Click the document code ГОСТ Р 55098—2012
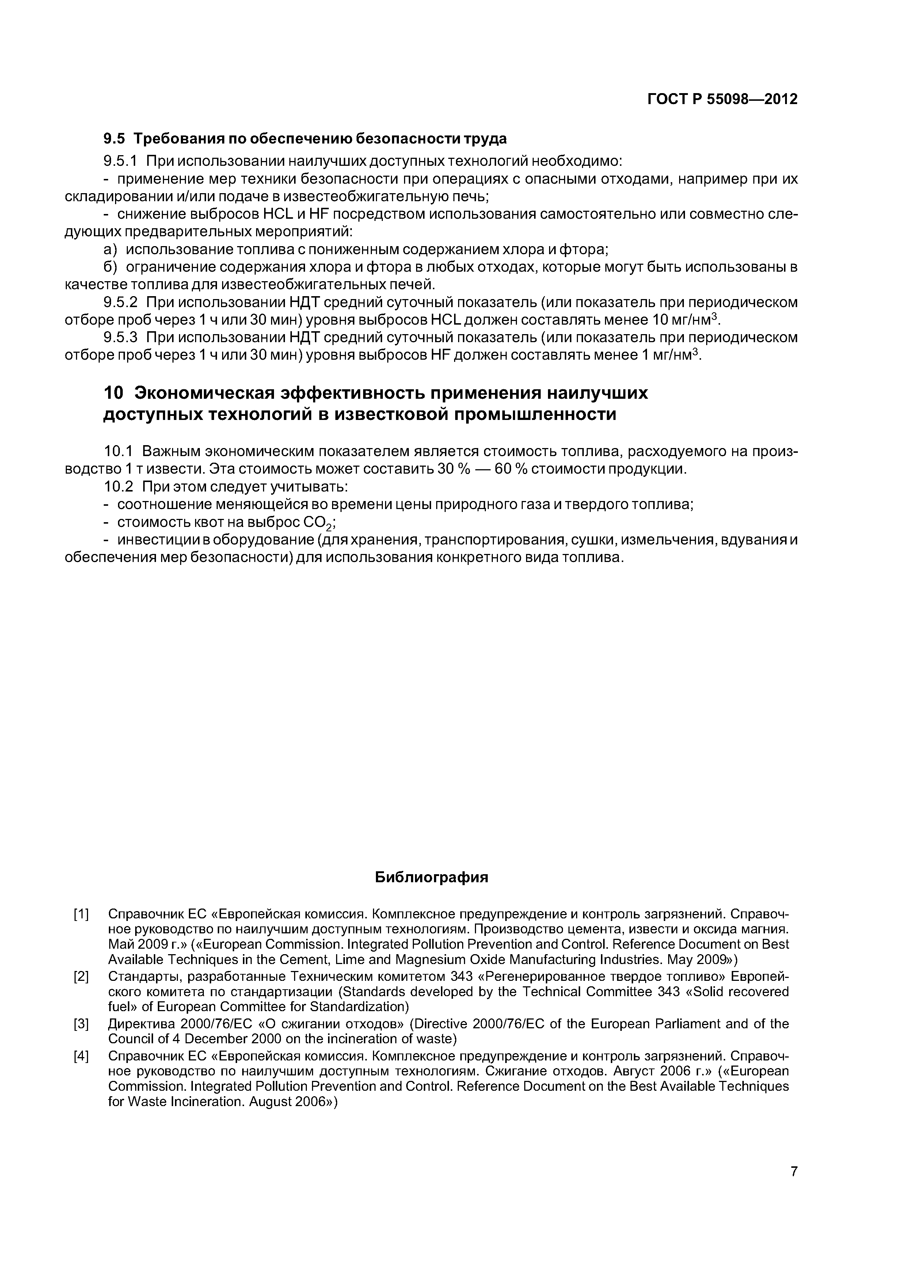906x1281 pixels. coord(722,99)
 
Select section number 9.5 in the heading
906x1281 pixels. coord(115,138)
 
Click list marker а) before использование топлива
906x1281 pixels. coord(111,249)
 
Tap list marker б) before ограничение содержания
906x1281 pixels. coord(111,267)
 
